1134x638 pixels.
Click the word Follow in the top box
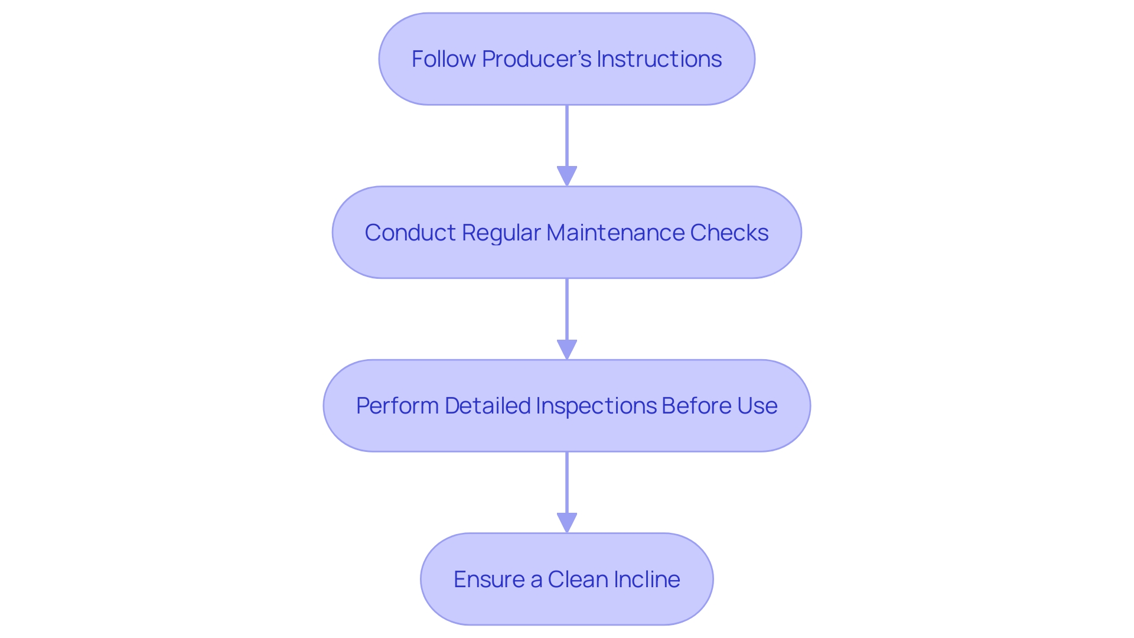[x=443, y=59]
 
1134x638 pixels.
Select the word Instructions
[x=659, y=59]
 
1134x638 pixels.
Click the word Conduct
[x=410, y=233]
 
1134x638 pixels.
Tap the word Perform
[x=397, y=406]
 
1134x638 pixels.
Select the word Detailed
[x=487, y=406]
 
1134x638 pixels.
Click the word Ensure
[x=488, y=580]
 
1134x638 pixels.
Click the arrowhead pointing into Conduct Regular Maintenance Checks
[x=567, y=176]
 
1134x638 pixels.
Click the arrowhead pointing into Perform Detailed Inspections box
[x=567, y=349]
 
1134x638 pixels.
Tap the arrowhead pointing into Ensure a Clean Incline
[x=567, y=523]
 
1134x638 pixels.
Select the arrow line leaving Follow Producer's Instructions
[x=567, y=136]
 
